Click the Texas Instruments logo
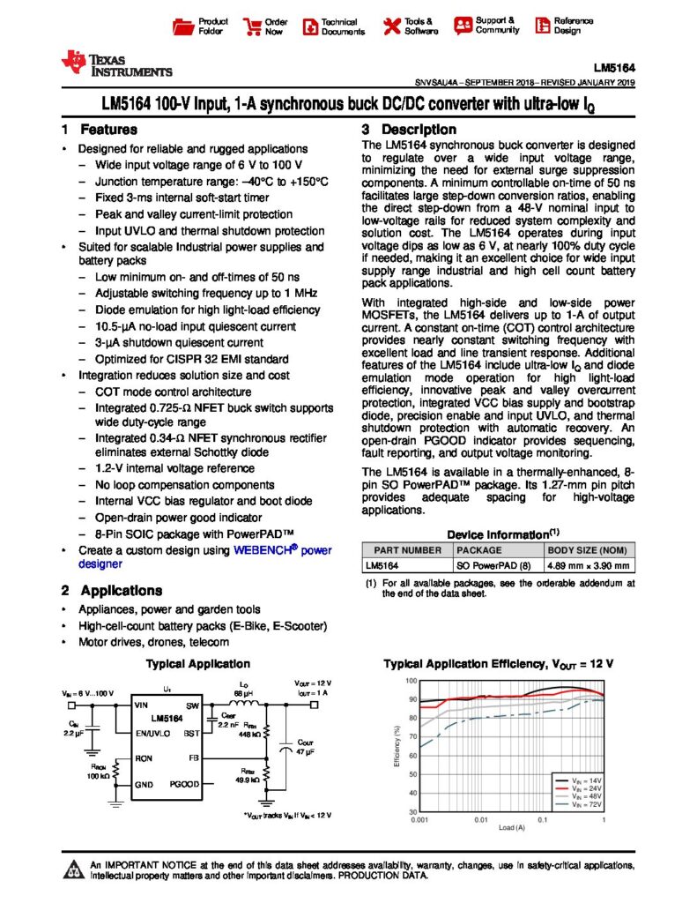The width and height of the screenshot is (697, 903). click(x=116, y=64)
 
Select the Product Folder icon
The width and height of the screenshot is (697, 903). click(x=183, y=26)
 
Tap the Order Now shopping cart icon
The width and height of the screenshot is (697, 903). click(x=250, y=26)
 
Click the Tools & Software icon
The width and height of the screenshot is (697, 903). click(x=389, y=26)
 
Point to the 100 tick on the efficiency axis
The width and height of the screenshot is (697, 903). click(x=411, y=682)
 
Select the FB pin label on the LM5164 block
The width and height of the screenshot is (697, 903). click(x=194, y=757)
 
